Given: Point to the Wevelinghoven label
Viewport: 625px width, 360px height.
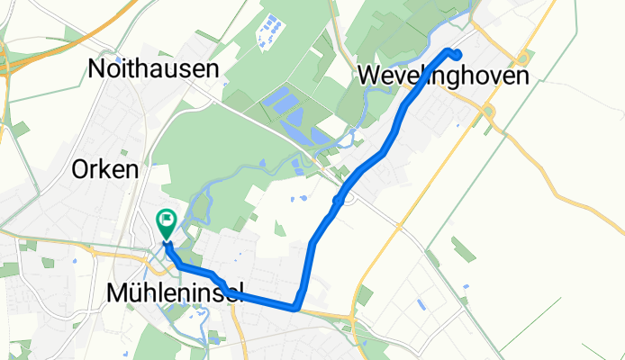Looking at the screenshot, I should click(x=442, y=76).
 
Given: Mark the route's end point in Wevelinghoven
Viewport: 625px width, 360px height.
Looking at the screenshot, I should click(x=458, y=54).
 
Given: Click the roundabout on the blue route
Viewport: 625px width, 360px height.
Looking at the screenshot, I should click(x=340, y=199).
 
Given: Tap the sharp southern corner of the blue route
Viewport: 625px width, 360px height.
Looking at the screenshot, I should click(x=296, y=307).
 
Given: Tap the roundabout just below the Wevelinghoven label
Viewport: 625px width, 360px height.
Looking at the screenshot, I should click(x=488, y=112).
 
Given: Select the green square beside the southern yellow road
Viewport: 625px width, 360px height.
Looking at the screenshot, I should click(x=364, y=295).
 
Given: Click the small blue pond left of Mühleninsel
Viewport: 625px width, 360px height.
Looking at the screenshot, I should click(x=75, y=261).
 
